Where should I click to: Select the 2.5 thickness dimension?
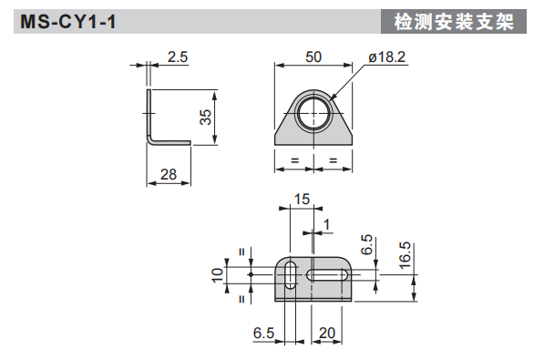click(x=178, y=57)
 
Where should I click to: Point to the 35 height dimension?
click(x=205, y=116)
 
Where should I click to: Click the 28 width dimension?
click(x=169, y=173)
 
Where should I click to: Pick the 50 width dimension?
click(x=313, y=57)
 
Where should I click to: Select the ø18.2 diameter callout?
click(x=386, y=57)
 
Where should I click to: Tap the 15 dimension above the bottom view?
click(x=302, y=199)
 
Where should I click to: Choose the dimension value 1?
click(x=327, y=223)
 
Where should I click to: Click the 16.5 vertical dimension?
click(x=406, y=252)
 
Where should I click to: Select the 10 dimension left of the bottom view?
click(x=217, y=275)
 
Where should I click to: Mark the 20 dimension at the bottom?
click(x=327, y=334)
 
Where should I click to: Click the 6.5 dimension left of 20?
click(x=263, y=334)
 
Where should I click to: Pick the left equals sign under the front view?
click(x=293, y=160)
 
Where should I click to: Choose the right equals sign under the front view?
click(x=333, y=160)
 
